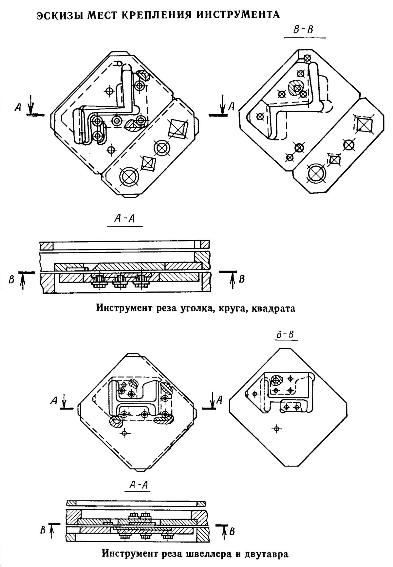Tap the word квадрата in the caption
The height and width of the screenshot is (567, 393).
pyautogui.click(x=273, y=308)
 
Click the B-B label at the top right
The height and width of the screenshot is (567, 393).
pyautogui.click(x=303, y=30)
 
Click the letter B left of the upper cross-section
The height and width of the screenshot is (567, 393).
pyautogui.click(x=11, y=280)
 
